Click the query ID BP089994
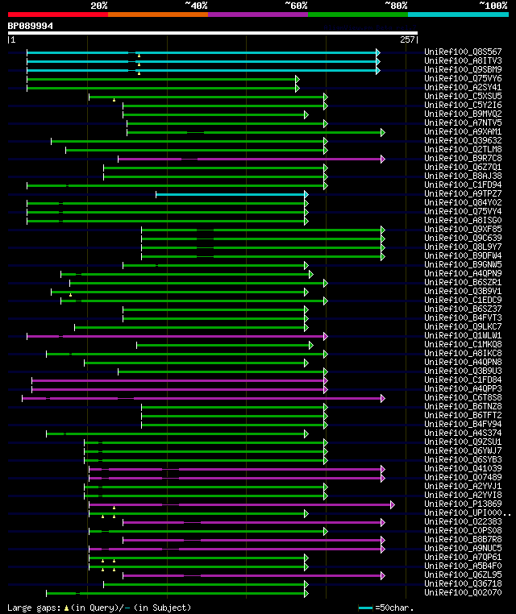click(x=31, y=26)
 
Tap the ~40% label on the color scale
click(x=196, y=5)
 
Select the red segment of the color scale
click(x=57, y=14)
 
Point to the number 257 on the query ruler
click(x=407, y=39)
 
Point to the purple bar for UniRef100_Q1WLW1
click(x=177, y=336)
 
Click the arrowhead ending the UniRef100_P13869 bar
click(x=393, y=504)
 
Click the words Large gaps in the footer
click(x=31, y=608)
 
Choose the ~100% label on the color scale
click(x=492, y=5)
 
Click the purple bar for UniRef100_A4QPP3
click(x=177, y=389)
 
